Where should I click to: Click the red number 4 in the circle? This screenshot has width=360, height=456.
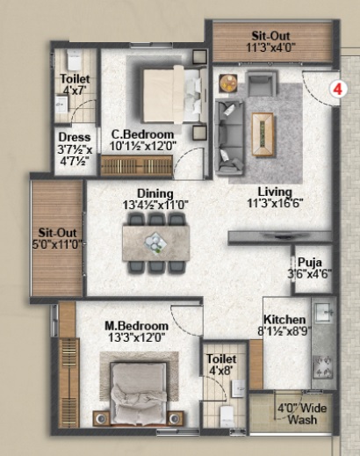click(338, 89)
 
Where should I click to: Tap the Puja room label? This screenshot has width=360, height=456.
click(310, 262)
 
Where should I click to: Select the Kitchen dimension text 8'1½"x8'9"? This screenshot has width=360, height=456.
click(284, 331)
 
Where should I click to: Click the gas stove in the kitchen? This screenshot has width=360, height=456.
click(322, 367)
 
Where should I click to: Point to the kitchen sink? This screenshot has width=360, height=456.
click(324, 313)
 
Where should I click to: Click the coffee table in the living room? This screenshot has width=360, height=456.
click(263, 134)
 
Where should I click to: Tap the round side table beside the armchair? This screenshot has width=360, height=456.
click(228, 83)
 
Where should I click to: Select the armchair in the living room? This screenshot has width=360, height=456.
click(262, 84)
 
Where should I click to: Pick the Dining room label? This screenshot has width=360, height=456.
click(155, 193)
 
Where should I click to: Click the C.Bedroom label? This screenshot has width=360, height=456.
click(142, 134)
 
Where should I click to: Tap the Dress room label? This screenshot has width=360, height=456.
click(75, 137)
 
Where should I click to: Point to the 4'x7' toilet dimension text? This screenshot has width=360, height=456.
click(75, 90)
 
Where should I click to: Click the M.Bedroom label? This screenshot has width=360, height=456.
click(137, 326)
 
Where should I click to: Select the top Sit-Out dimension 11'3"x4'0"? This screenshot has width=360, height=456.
click(271, 47)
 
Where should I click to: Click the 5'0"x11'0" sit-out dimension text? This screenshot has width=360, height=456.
click(57, 244)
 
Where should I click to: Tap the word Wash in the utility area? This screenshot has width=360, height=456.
click(302, 419)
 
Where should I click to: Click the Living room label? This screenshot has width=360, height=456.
click(275, 192)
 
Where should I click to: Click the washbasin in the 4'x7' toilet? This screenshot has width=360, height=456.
click(61, 105)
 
